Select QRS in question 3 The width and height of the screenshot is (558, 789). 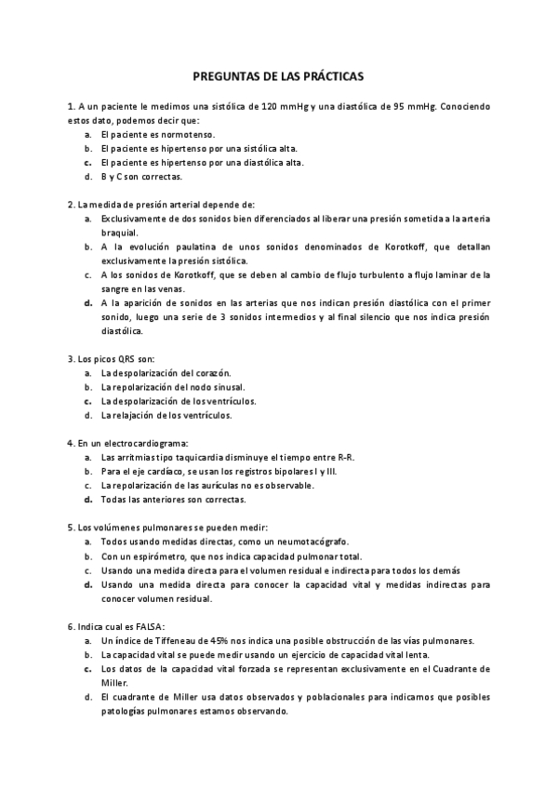[116, 358]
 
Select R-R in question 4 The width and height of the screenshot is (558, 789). [346, 457]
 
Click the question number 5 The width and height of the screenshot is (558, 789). [71, 527]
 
